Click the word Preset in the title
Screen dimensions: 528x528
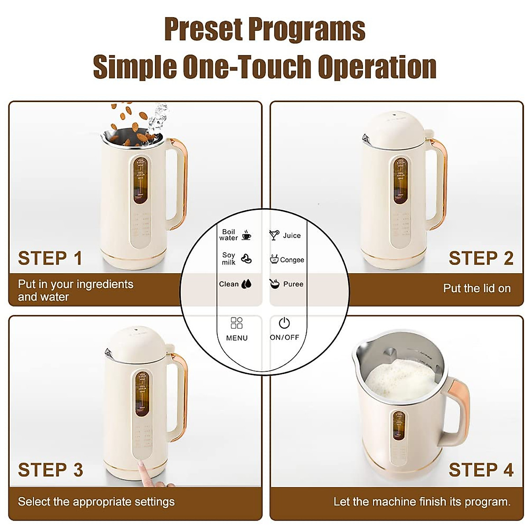pos(203,29)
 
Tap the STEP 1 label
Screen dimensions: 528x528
pos(50,258)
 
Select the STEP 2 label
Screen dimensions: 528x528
pos(481,258)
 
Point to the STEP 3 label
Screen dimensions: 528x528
pos(51,470)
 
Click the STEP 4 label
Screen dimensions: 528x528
pos(481,470)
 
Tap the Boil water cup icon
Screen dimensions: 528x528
pos(247,235)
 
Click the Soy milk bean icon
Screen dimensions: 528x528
pos(246,259)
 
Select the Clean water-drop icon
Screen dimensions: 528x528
pos(246,284)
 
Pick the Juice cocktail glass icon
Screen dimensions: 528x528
pos(274,235)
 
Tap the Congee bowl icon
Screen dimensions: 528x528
pos(274,259)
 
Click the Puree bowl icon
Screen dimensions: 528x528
pos(275,284)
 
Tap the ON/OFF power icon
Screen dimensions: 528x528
pos(284,323)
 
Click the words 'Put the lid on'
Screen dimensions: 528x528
pos(477,288)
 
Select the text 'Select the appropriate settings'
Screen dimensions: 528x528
pos(96,502)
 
